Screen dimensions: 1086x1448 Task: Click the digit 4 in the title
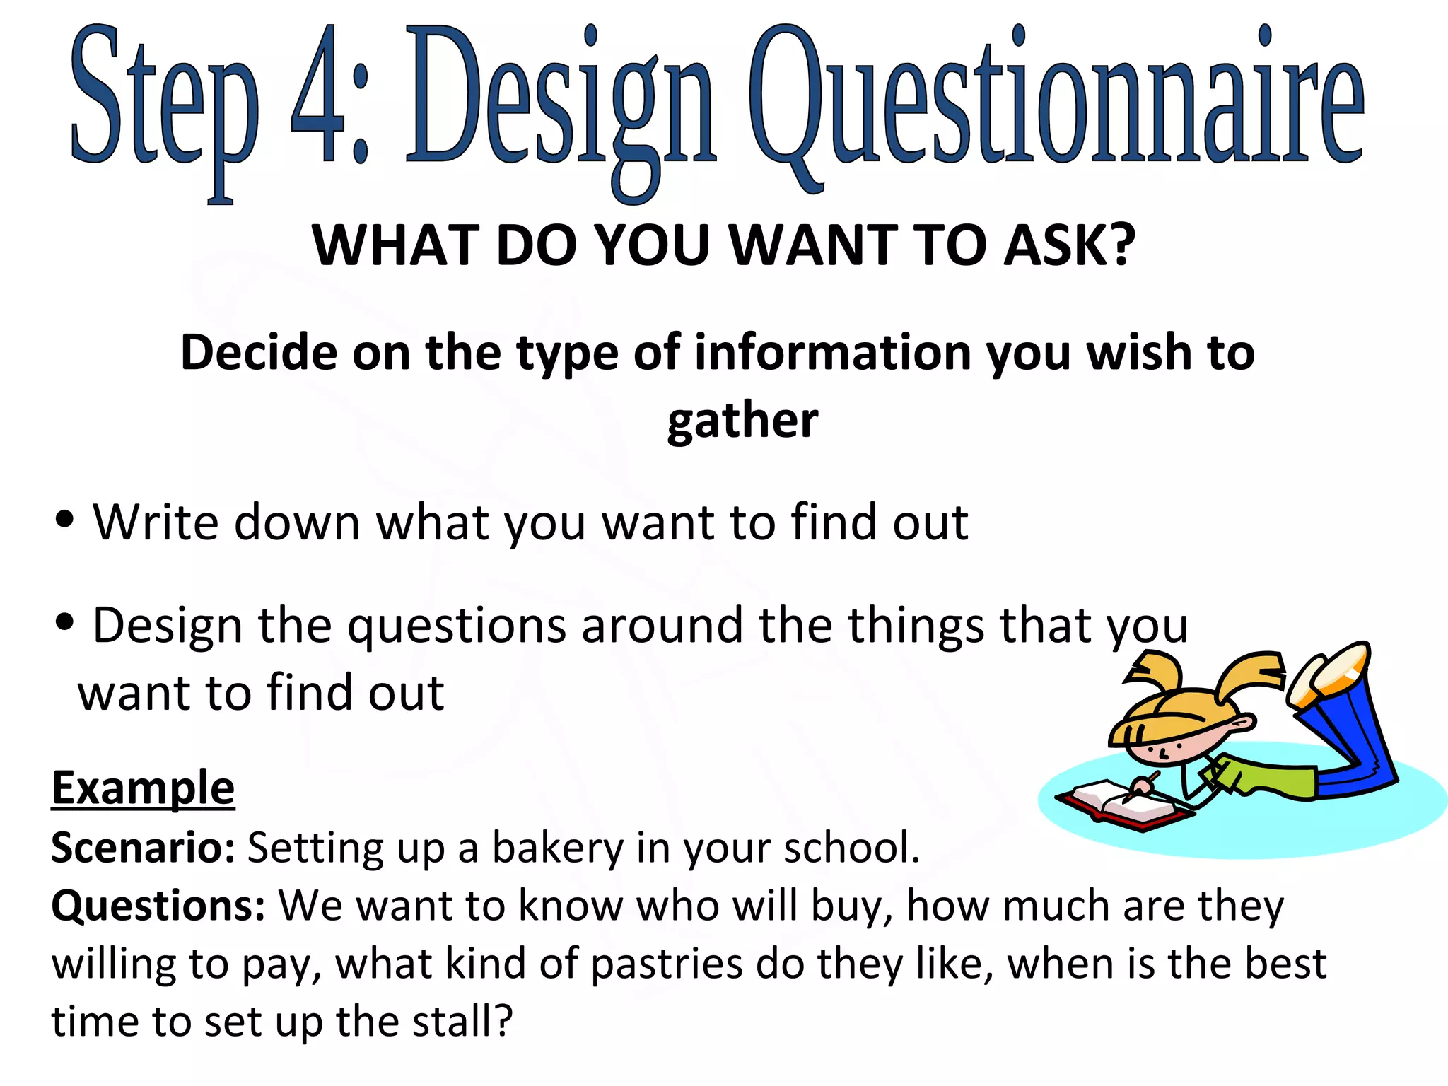coord(316,95)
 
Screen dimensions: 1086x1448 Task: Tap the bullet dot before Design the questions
coord(64,623)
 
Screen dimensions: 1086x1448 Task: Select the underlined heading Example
coord(143,788)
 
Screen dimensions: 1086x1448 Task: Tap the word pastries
coord(666,964)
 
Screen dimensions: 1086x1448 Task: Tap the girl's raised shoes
coord(1329,672)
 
